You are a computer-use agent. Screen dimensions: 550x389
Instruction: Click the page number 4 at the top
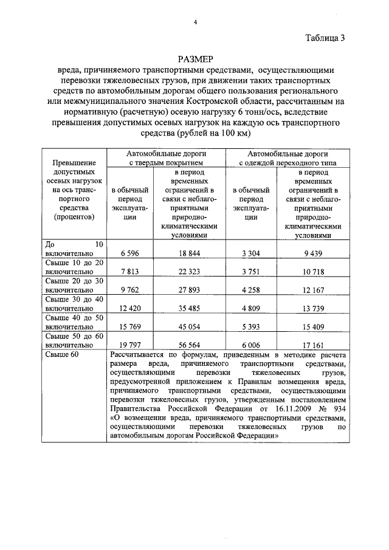tap(195, 22)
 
